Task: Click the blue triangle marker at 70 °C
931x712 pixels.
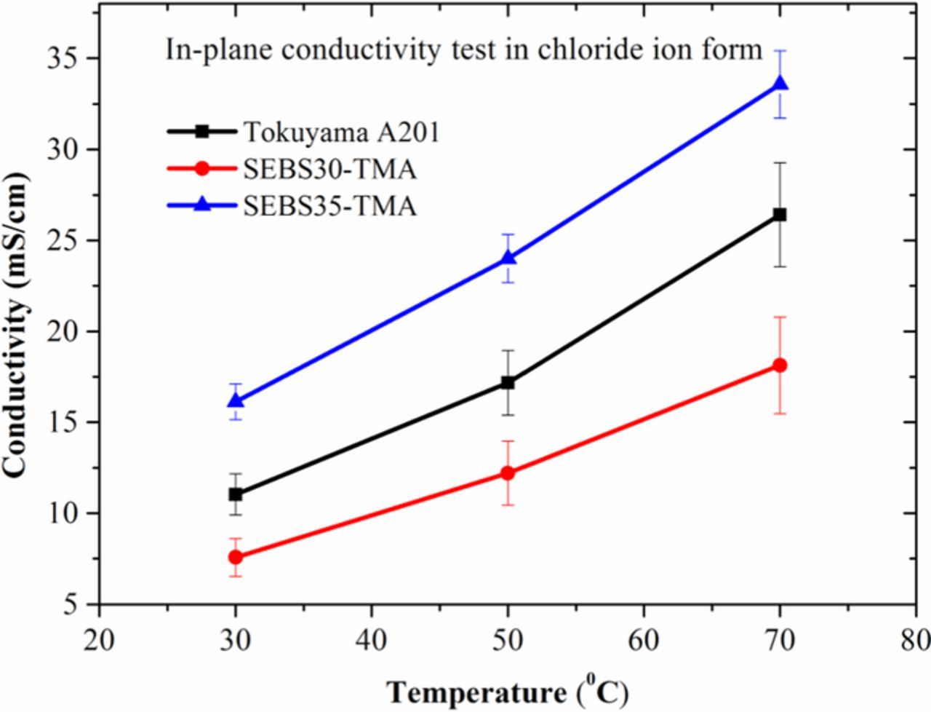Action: pyautogui.click(x=780, y=84)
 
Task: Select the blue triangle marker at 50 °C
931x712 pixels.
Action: pyautogui.click(x=508, y=258)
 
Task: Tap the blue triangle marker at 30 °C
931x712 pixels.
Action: pyautogui.click(x=236, y=400)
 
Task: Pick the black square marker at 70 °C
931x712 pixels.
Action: pyautogui.click(x=780, y=215)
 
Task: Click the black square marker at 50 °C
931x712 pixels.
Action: pyautogui.click(x=508, y=382)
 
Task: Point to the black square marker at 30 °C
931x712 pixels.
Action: pyautogui.click(x=236, y=494)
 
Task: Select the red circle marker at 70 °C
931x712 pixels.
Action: pyautogui.click(x=780, y=365)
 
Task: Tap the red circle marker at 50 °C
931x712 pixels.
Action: pyautogui.click(x=508, y=472)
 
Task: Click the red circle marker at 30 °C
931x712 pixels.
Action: pyautogui.click(x=236, y=557)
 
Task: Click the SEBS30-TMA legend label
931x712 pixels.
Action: pyautogui.click(x=329, y=170)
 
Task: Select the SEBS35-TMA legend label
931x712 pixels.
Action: pyautogui.click(x=329, y=207)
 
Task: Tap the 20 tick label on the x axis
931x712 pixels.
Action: pyautogui.click(x=99, y=641)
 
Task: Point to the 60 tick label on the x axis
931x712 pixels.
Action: pyautogui.click(x=644, y=641)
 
